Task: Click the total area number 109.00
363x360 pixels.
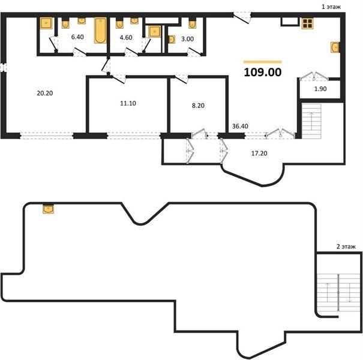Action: click(x=263, y=72)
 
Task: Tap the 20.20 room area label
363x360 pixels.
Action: click(x=45, y=93)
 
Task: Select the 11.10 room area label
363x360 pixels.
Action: click(x=128, y=103)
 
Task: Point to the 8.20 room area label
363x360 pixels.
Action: click(x=198, y=106)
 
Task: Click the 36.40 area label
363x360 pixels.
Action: click(x=240, y=126)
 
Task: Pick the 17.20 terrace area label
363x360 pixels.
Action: click(x=259, y=153)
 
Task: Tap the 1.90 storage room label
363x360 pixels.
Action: click(x=320, y=89)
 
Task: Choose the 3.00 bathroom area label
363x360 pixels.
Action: click(x=187, y=39)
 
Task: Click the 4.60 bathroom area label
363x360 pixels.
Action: click(x=126, y=37)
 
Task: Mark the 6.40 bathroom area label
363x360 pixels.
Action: click(x=77, y=37)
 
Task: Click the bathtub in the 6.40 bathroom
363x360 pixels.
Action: click(x=100, y=31)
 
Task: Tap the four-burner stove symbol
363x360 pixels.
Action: click(x=308, y=23)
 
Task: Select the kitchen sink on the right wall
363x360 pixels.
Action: click(x=335, y=47)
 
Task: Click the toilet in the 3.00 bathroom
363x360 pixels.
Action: click(x=193, y=23)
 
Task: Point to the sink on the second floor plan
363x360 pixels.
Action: click(x=49, y=208)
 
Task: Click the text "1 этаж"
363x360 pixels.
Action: click(x=331, y=7)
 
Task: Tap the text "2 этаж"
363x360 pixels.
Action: click(x=346, y=247)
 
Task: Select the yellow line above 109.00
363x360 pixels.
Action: click(x=263, y=62)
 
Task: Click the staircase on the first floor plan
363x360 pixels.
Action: click(x=311, y=121)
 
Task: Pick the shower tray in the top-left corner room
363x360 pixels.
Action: click(x=46, y=23)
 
